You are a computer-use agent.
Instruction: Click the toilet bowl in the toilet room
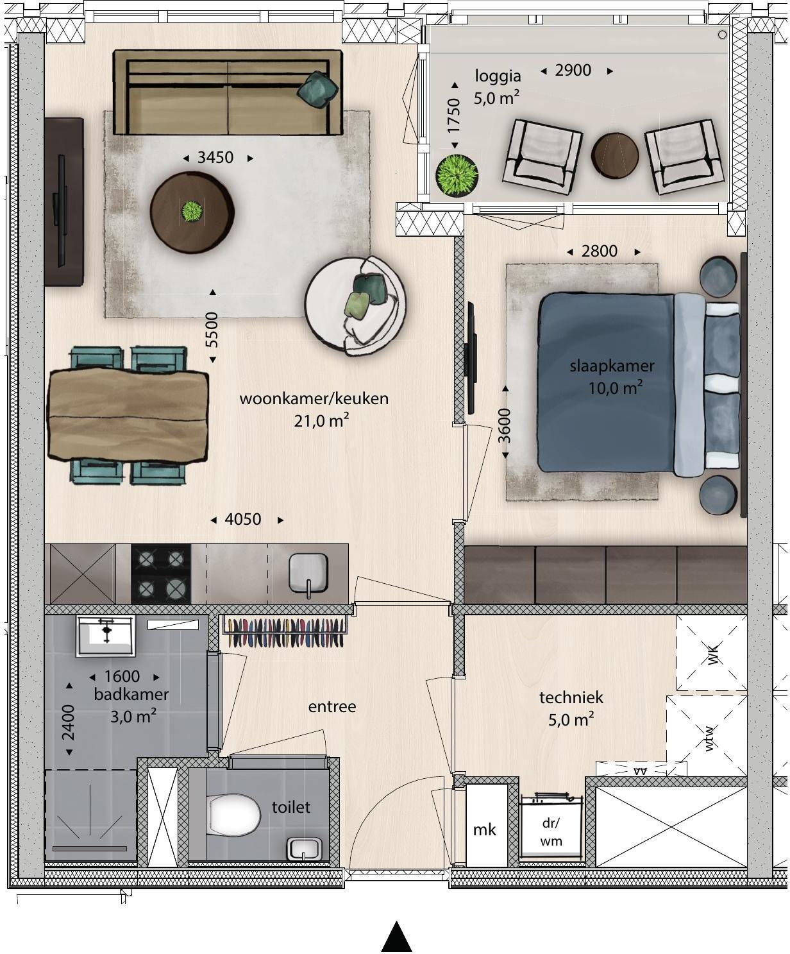tap(234, 813)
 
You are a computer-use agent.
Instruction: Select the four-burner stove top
tap(161, 574)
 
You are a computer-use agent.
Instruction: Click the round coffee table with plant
tap(192, 212)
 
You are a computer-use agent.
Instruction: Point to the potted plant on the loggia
tap(457, 175)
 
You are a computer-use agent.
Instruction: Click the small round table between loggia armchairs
tap(615, 155)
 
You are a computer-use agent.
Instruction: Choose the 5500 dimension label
tap(212, 330)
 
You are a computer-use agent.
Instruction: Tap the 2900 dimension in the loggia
tap(573, 71)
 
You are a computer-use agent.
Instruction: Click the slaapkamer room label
tap(612, 366)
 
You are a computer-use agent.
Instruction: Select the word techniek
tap(571, 697)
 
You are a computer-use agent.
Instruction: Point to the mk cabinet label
tap(485, 830)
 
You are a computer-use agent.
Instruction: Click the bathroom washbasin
tap(106, 636)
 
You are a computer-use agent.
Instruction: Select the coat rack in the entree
tap(283, 633)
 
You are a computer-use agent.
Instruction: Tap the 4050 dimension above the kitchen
tap(243, 519)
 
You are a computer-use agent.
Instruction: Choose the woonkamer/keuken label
tap(314, 398)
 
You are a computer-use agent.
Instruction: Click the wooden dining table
tap(128, 414)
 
